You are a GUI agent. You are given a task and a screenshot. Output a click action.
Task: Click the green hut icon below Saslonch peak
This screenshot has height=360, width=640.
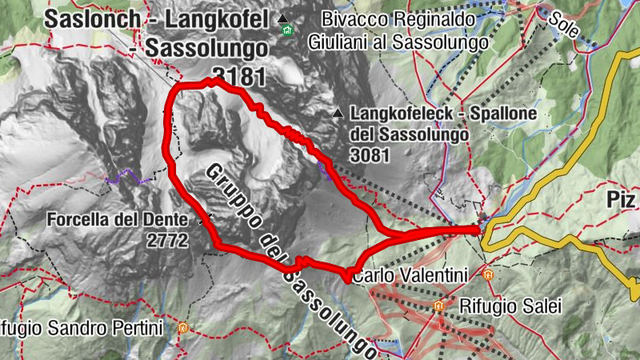tap(287, 31)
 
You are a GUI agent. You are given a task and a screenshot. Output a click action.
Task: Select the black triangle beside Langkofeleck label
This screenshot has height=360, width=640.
tap(339, 115)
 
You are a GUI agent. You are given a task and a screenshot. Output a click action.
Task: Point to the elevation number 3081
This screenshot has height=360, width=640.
tap(370, 154)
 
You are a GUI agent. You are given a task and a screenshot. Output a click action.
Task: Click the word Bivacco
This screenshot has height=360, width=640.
tap(352, 18)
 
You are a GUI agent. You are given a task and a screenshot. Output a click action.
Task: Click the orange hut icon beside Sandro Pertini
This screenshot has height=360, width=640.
tap(184, 327)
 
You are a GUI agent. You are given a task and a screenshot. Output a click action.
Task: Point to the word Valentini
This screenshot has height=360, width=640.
tap(431, 275)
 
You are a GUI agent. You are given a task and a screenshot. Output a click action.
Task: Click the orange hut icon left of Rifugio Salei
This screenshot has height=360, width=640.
tap(438, 306)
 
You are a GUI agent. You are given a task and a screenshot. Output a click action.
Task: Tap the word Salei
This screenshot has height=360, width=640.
tap(523, 306)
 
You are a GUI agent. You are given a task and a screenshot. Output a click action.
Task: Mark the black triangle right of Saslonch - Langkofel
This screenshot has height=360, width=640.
tap(282, 18)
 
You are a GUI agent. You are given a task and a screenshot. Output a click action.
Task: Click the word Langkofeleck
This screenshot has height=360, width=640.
tap(395, 115)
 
